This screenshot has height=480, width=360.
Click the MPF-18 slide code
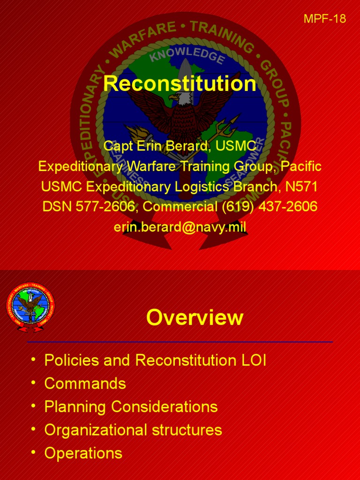coord(325,19)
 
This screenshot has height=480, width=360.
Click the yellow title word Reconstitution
coord(180,83)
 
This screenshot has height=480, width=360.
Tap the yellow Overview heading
coord(195,317)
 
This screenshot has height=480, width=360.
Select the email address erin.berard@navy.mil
coord(180,227)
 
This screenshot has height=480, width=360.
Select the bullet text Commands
coord(85,383)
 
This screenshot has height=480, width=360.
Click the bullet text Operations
coord(83,453)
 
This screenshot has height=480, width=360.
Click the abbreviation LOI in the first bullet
coord(253,360)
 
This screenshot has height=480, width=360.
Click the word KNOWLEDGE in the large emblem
coord(187,55)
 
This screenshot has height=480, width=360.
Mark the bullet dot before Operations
coord(33,452)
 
